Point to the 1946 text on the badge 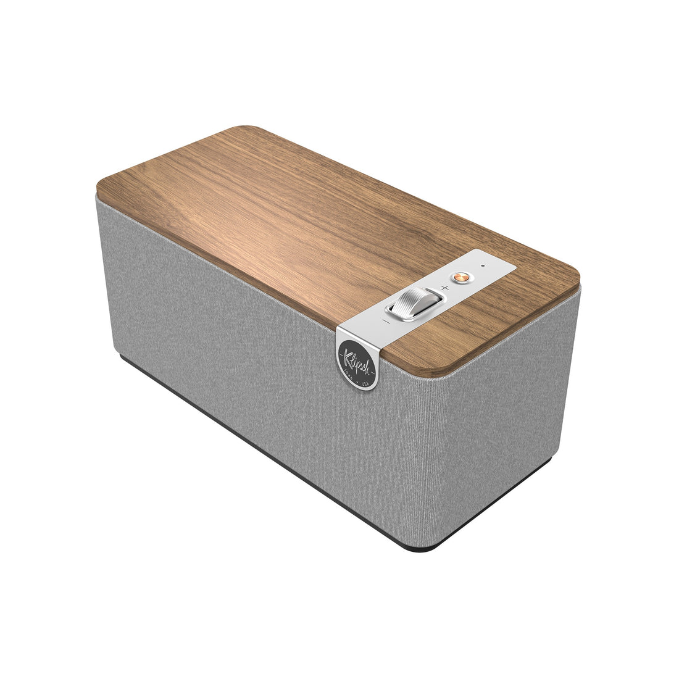tap(348, 372)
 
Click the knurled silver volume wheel tap(414, 303)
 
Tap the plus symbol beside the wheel tap(444, 289)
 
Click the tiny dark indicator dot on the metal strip tap(482, 267)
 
